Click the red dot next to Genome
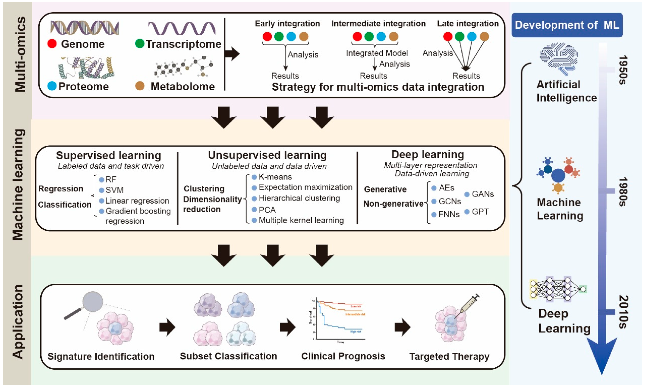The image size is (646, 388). (52, 44)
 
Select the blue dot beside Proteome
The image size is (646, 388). (52, 86)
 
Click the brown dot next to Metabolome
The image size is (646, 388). (140, 86)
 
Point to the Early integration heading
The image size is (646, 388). (287, 23)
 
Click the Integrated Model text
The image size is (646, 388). (377, 53)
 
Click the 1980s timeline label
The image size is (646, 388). (623, 192)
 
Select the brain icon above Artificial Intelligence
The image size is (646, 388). (559, 59)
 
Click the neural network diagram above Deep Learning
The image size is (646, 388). (558, 289)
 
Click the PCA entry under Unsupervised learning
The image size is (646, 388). (267, 210)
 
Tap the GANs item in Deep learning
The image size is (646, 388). (482, 194)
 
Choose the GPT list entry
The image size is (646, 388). (480, 212)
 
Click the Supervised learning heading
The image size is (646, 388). (108, 155)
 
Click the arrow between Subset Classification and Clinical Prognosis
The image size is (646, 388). (287, 327)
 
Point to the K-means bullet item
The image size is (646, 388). (275, 177)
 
